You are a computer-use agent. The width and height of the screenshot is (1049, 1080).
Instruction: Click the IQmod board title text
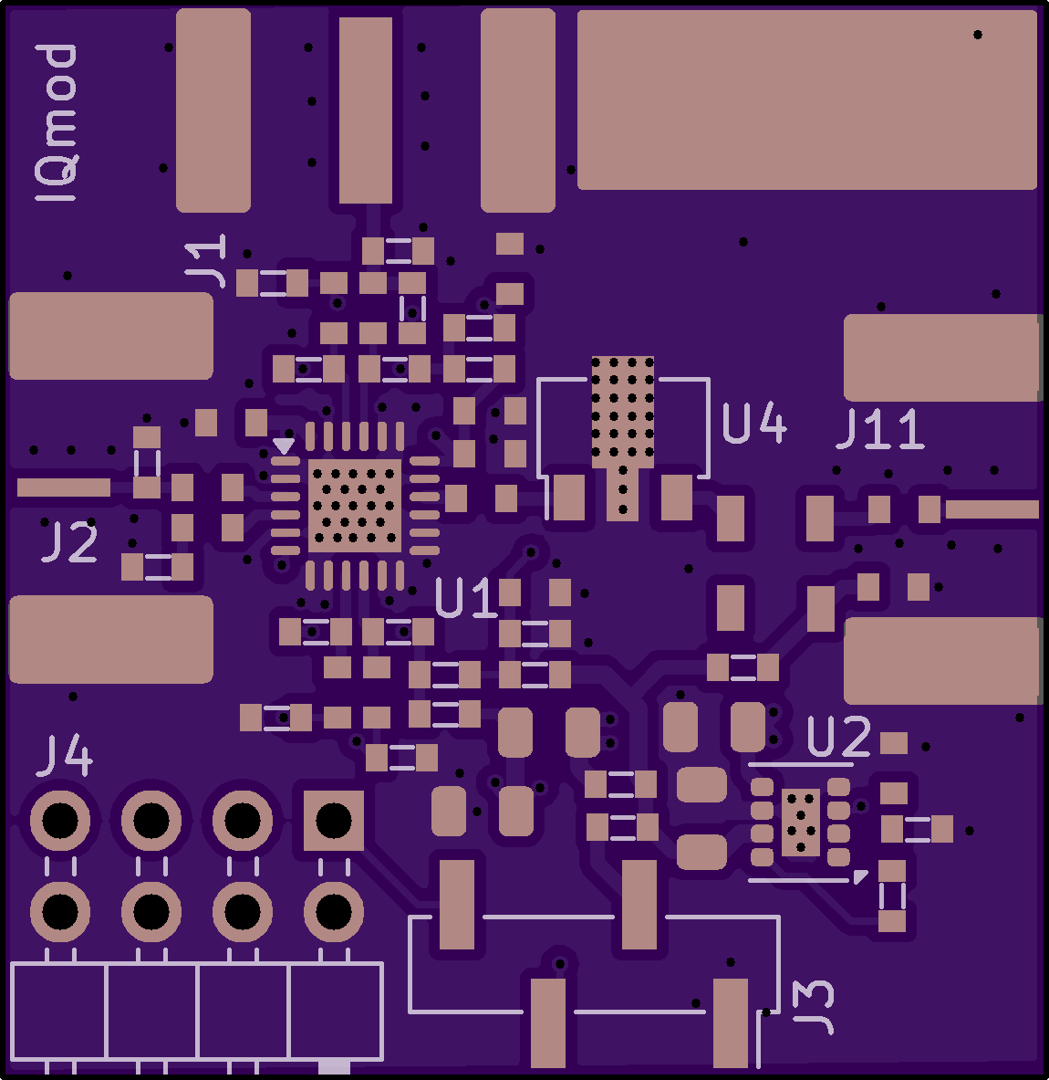[x=57, y=123]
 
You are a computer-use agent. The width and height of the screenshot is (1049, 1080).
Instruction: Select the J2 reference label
[x=69, y=543]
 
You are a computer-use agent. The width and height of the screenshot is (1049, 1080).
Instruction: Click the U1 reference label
[x=466, y=599]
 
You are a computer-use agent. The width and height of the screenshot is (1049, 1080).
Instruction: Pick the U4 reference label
[x=753, y=423]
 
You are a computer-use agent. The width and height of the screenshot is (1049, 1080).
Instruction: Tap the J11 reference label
[x=880, y=429]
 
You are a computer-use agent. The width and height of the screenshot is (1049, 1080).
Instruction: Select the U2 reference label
[x=838, y=738]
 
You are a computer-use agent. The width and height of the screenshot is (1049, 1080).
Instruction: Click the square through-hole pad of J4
[x=333, y=820]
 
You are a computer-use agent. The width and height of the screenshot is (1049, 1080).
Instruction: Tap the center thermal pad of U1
[x=355, y=506]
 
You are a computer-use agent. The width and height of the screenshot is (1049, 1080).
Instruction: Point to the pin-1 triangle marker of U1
[x=284, y=446]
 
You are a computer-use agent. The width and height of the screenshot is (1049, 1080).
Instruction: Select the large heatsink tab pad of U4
[x=623, y=408]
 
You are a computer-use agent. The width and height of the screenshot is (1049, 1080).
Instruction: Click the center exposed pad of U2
[x=800, y=822]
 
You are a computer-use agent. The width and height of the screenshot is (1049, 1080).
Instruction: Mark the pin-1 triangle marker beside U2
[x=859, y=876]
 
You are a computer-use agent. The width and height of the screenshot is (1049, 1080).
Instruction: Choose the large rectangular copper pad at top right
[x=806, y=100]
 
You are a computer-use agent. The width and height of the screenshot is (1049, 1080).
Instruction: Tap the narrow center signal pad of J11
[x=991, y=509]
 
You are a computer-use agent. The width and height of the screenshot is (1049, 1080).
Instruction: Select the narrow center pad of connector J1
[x=366, y=110]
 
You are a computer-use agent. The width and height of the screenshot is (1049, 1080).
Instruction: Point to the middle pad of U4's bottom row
[x=623, y=494]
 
